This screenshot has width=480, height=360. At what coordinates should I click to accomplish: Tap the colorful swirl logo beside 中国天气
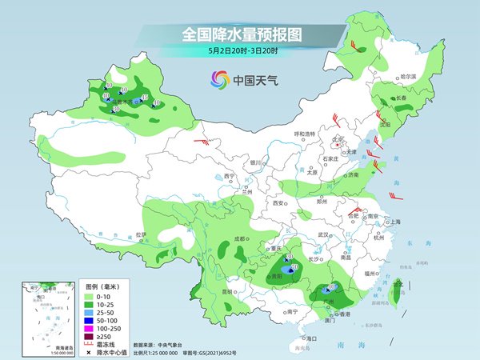[219, 79]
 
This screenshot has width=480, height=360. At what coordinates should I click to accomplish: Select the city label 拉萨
[142, 234]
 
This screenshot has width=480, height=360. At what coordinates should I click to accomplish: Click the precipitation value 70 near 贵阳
[294, 268]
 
